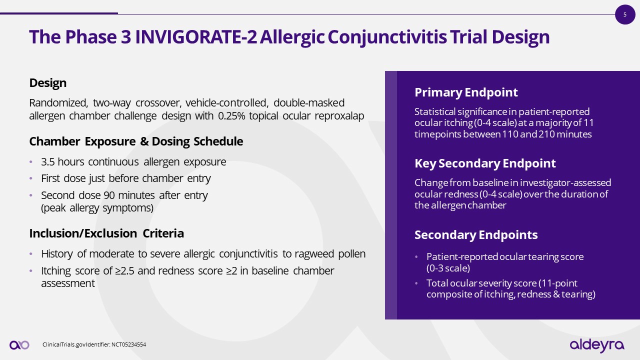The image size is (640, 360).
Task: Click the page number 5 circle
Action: coord(625,14)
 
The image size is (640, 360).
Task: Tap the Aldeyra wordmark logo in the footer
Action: coord(597,345)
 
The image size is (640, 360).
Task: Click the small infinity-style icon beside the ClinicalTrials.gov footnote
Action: coord(19,345)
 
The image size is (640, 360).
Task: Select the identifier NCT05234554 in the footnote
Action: coord(128,344)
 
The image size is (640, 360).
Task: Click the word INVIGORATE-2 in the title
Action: coord(196,37)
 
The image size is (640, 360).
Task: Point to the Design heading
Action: coord(47,83)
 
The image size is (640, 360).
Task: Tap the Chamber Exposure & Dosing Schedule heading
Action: coord(136,141)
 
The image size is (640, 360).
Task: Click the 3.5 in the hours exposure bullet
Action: coord(47,162)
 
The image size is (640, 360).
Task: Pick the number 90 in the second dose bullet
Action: coord(109,195)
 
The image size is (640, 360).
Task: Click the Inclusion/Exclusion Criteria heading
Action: coord(106,233)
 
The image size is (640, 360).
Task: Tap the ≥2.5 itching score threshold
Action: coord(124,271)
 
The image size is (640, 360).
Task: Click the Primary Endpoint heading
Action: coord(466,92)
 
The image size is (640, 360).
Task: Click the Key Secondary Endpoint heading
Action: coord(485,163)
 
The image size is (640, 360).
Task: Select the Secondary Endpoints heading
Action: coord(476,235)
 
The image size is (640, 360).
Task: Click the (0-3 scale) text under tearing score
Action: coord(448,268)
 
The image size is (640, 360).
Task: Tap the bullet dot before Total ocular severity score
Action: coord(416,283)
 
